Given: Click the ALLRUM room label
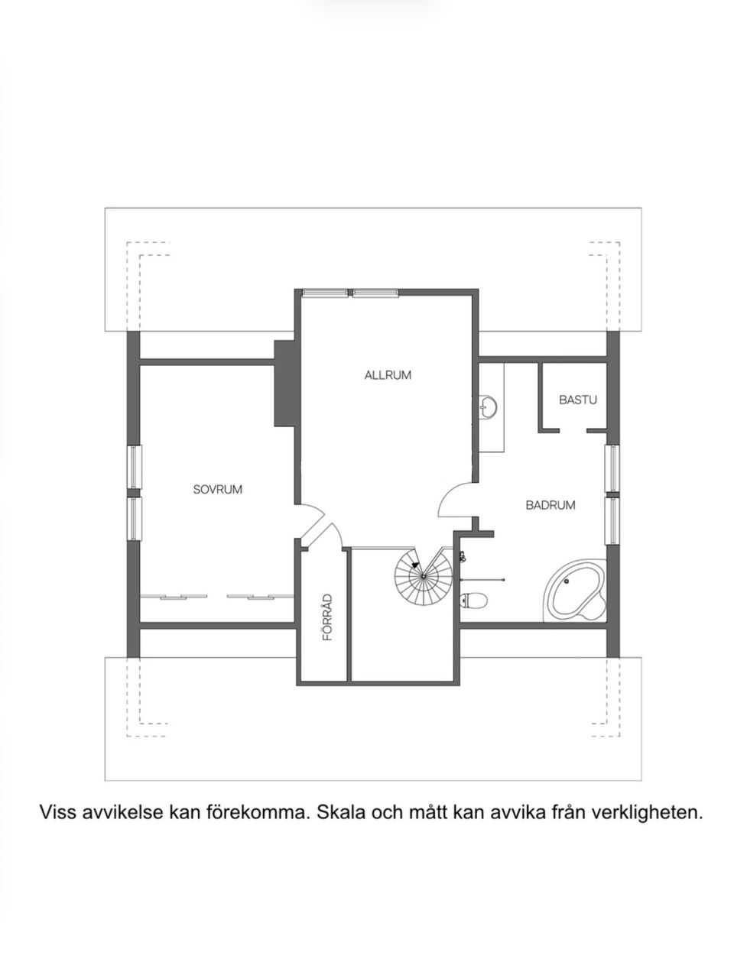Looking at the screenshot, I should (x=388, y=375).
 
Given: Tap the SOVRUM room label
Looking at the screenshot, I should (x=217, y=489).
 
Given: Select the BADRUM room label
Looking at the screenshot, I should (x=550, y=505).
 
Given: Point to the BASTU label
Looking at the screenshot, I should (x=577, y=400).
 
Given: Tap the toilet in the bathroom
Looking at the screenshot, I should (x=473, y=601).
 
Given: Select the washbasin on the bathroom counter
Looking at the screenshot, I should (x=488, y=407).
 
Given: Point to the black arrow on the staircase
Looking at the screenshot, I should (x=415, y=565).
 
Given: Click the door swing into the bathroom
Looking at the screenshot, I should (x=456, y=501).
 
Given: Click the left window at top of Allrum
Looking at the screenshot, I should (x=326, y=293).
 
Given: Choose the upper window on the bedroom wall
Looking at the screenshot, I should (x=135, y=468).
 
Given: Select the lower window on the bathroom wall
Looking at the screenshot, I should (x=612, y=521).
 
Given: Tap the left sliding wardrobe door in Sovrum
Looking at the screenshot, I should (x=183, y=596).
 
